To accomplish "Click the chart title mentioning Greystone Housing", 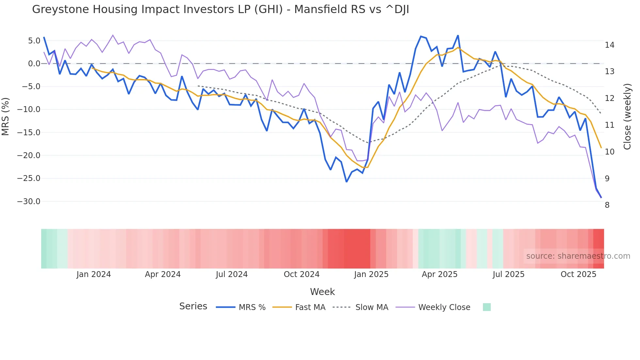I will click(x=220, y=9).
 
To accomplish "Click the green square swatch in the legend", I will click(x=487, y=307).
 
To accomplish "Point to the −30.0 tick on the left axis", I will click(x=29, y=202).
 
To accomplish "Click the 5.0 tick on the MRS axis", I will click(x=34, y=41).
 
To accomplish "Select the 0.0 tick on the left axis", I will click(x=34, y=64).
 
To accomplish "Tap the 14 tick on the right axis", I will click(x=609, y=45).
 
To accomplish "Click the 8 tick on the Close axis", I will click(x=607, y=205).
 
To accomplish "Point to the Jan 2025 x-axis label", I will click(x=371, y=274).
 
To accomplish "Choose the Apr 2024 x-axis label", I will click(x=163, y=274).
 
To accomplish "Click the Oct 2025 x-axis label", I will click(x=578, y=274).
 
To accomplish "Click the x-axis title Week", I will click(x=322, y=292).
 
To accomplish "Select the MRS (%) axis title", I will click(x=6, y=117).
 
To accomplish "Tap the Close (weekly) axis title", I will click(x=627, y=117).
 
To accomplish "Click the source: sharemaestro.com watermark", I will click(x=578, y=256).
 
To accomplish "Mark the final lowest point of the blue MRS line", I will click(x=601, y=198).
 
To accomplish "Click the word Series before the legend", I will click(x=193, y=306).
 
